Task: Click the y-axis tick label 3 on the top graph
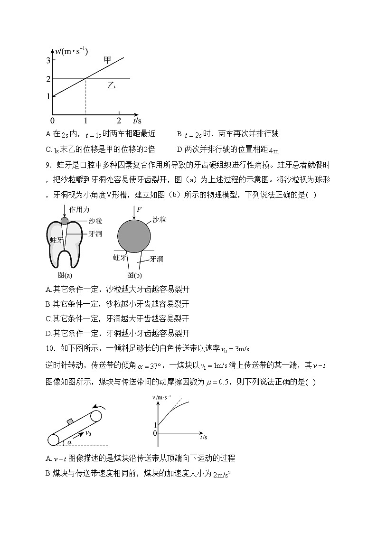[48, 60]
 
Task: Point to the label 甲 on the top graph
[108, 60]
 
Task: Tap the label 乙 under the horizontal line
[112, 85]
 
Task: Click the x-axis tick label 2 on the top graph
[119, 121]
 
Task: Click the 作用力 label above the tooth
[79, 209]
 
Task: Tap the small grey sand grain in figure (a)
[65, 220]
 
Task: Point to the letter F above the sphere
[139, 209]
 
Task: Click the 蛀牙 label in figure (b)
[119, 258]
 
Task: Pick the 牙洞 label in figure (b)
[156, 259]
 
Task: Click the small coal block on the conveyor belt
[71, 421]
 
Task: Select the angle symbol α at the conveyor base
[69, 442]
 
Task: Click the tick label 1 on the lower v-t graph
[155, 425]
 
